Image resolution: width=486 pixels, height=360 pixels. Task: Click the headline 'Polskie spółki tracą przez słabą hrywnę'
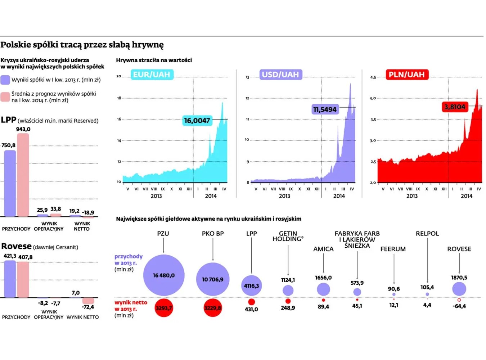(x=82, y=45)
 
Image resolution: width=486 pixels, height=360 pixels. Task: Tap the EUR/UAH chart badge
(x=152, y=75)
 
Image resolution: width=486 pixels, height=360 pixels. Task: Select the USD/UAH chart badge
(x=280, y=75)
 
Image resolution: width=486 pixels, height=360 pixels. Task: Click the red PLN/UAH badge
(x=406, y=75)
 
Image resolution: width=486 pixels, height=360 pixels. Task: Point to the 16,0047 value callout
(x=197, y=121)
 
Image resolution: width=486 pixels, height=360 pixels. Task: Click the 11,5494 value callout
(x=325, y=109)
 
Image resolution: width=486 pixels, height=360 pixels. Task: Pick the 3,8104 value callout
(x=455, y=107)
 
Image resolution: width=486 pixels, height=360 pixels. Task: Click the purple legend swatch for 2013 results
(x=5, y=80)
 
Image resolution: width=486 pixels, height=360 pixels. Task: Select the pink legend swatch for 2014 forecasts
(x=5, y=97)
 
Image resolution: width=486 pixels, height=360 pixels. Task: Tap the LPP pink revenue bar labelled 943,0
(x=23, y=175)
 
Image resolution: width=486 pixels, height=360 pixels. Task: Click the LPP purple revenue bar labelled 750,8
(x=10, y=183)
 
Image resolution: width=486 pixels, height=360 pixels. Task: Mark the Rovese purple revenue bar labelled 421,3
(x=10, y=279)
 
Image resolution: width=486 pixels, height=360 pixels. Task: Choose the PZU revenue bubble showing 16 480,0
(x=164, y=275)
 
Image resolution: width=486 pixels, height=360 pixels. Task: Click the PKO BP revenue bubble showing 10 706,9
(x=213, y=279)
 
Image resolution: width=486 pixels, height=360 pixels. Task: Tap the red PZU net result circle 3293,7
(x=164, y=308)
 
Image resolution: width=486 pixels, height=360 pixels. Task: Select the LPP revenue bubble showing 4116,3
(x=251, y=286)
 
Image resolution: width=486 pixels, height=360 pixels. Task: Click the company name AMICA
(x=323, y=249)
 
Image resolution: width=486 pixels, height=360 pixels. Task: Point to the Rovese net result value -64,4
(x=459, y=306)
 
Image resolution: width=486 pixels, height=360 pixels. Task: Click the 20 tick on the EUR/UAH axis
(x=119, y=76)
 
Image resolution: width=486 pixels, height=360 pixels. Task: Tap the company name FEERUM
(x=393, y=249)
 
